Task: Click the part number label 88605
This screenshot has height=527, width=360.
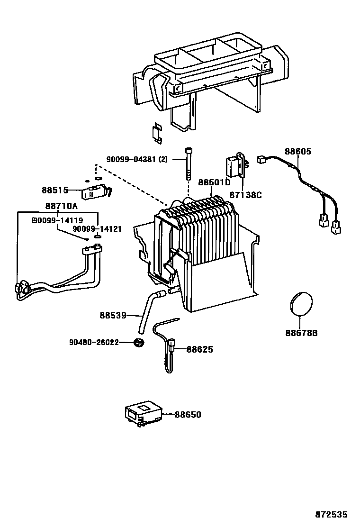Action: point(298,151)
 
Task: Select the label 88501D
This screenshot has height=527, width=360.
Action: point(214,182)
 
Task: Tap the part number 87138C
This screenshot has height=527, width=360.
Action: point(246,195)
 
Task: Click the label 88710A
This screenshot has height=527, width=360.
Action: point(62,206)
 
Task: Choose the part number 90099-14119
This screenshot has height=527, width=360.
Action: point(57,220)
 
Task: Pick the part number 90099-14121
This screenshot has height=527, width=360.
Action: point(97,229)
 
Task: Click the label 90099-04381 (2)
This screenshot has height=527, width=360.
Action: point(137,160)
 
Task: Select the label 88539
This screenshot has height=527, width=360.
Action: point(113,315)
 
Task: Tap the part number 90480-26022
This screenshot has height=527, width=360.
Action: point(94,342)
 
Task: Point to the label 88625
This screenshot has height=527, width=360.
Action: point(199,349)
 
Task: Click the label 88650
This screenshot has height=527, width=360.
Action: point(188,415)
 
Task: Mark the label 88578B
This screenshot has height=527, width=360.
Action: point(301,333)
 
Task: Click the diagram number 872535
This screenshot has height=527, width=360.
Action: point(332,514)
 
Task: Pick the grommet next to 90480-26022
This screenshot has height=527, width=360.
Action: point(138,342)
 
